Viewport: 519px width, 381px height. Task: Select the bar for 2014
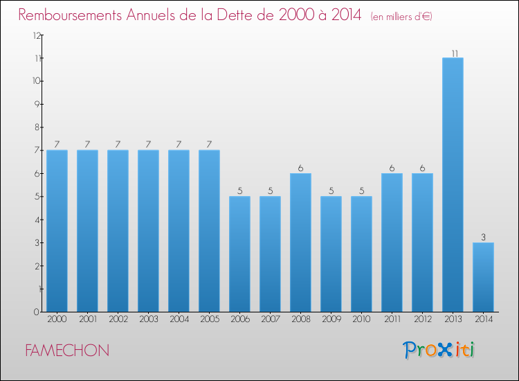(483, 277)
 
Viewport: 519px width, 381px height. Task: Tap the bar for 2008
(300, 242)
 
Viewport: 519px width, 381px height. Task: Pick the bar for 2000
(57, 231)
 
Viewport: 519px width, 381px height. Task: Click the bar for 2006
(239, 254)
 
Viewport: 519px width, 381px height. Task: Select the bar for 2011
(392, 242)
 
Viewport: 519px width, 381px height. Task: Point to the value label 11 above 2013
(453, 53)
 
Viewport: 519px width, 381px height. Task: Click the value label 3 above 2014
(483, 237)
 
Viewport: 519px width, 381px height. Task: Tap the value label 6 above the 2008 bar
(300, 168)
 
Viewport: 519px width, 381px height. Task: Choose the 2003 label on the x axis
(148, 320)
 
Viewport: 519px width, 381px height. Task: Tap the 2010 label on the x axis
(361, 320)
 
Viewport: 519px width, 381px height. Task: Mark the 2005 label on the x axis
(209, 320)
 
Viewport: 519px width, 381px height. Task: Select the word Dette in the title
(257, 15)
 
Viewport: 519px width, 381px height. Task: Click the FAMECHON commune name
(66, 351)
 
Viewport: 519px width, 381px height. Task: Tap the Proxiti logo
(439, 350)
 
